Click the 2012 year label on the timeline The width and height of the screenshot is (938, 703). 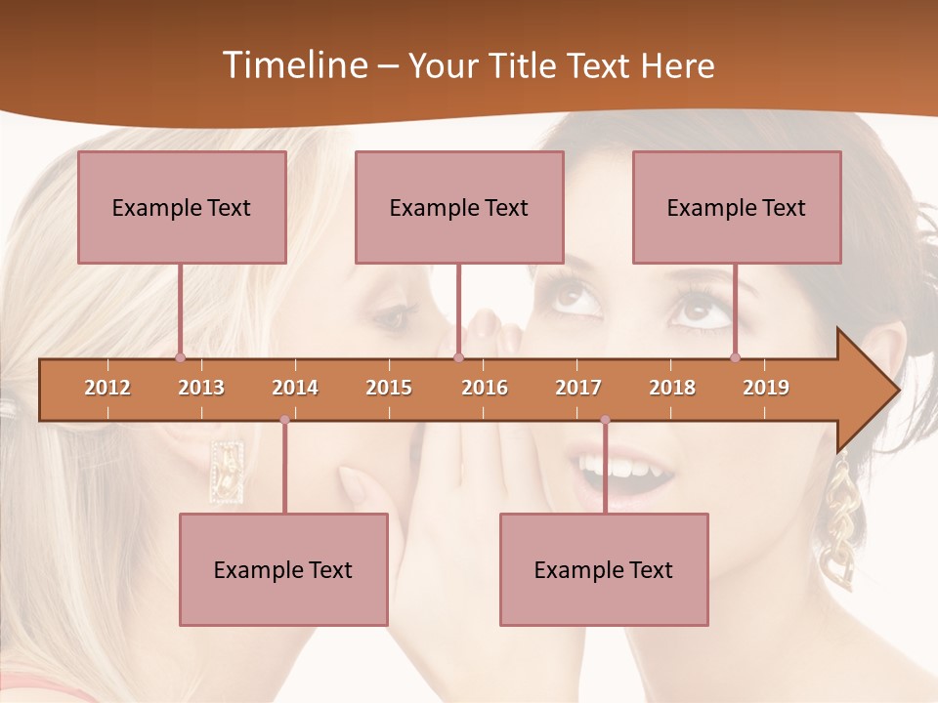click(107, 388)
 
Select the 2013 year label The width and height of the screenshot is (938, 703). click(201, 388)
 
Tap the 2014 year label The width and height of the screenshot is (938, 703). click(295, 388)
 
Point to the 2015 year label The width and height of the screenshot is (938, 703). click(389, 388)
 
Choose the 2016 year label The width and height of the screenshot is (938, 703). click(485, 388)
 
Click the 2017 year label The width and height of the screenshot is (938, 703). click(578, 388)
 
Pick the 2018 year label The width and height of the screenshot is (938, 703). click(672, 388)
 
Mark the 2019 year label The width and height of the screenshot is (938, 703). click(766, 388)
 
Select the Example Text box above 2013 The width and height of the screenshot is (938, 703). click(182, 207)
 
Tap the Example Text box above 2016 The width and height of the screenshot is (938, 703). click(459, 207)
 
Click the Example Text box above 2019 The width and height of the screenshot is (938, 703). click(737, 207)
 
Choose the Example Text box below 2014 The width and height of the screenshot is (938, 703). click(283, 569)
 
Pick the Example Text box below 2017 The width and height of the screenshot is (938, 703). click(604, 569)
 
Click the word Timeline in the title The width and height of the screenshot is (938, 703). click(294, 65)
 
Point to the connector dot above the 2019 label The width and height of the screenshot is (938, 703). click(736, 357)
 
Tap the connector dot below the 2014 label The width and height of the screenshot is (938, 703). click(284, 420)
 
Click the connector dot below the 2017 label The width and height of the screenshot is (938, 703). click(605, 420)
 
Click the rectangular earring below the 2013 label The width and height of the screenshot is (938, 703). click(227, 471)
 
